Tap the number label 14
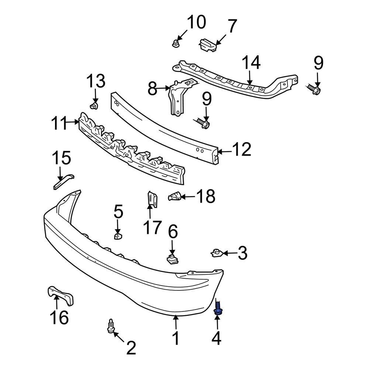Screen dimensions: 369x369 point(251,63)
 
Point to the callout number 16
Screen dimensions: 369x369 point(59,317)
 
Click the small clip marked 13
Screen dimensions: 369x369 point(93,106)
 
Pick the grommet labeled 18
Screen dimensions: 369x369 point(175,196)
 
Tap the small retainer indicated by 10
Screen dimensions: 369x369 point(175,44)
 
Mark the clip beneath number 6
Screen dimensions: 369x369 point(171,259)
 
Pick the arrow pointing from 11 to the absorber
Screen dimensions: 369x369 point(72,123)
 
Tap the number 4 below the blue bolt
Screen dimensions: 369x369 point(217,338)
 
